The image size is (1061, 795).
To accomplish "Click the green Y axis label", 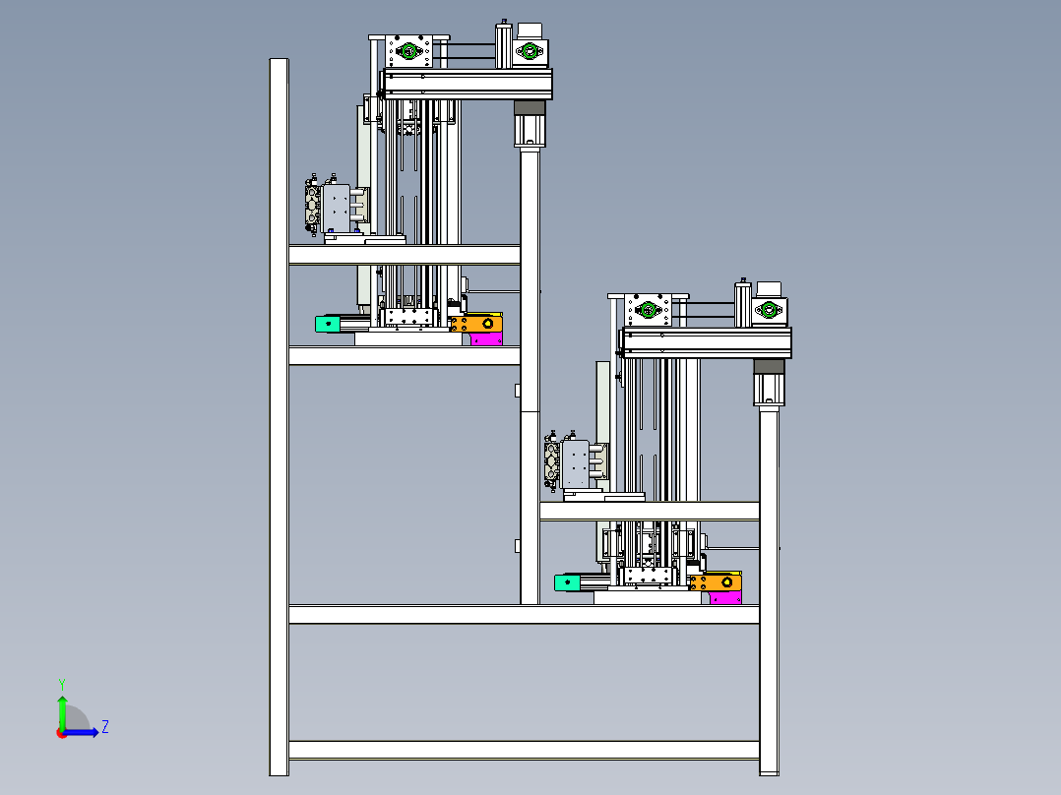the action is point(62,684).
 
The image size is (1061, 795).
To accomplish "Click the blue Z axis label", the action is point(105,727).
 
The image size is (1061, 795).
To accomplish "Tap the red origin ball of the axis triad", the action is point(62,733).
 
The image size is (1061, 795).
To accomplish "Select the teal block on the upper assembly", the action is point(328,324).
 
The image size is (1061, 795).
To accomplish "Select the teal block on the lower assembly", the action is point(567,581).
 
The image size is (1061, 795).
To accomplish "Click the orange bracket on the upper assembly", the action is point(477,324).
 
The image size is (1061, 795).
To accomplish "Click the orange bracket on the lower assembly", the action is point(716,581).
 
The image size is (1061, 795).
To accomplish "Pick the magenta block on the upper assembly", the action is point(486,339).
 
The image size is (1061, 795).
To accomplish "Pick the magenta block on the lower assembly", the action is point(725,597).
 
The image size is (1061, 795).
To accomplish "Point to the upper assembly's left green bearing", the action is point(408,51).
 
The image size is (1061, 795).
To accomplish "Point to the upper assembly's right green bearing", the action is point(530,51).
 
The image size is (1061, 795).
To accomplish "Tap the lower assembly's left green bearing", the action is point(648,310).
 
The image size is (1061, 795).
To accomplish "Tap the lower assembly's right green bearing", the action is point(769,310).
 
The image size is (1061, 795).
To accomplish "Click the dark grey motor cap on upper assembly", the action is point(530,107).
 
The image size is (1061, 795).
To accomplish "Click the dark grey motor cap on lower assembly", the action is point(770,366).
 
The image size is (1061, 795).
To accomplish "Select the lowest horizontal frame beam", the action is point(524,750).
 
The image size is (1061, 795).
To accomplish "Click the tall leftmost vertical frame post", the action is point(279,417).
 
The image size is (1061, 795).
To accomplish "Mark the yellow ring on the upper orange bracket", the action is point(488,324).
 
